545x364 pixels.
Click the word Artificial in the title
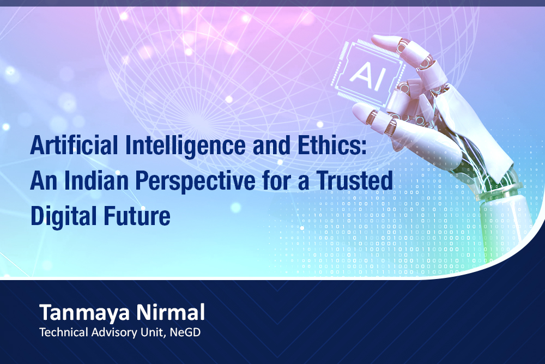click(x=74, y=145)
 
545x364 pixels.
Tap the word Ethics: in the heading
click(x=332, y=145)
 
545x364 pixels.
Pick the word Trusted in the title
click(x=355, y=180)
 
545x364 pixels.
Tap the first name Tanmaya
click(x=85, y=313)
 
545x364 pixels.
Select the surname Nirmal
click(x=171, y=312)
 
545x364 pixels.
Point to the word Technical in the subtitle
click(x=64, y=332)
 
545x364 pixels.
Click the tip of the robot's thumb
click(x=356, y=111)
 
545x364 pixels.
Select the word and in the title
click(x=271, y=145)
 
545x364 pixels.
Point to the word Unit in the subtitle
click(x=152, y=332)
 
